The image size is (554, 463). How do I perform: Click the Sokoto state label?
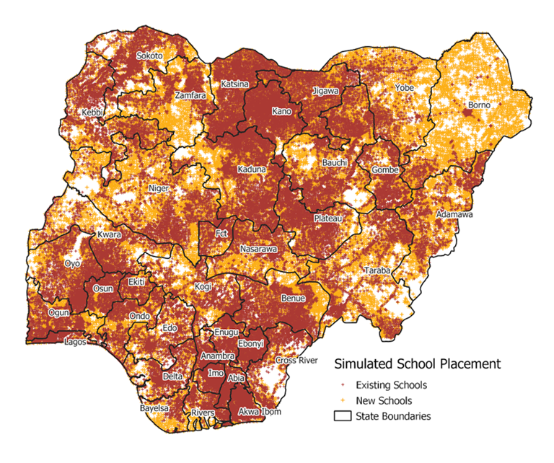point(149,56)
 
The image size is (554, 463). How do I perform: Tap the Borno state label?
point(479,105)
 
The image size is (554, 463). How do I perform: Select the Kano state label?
point(281,111)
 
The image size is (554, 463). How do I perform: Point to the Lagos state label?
point(75,342)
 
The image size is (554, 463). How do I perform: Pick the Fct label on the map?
point(222,234)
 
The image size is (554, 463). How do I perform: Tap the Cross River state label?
point(296,360)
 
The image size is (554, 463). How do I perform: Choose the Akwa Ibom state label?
point(260,412)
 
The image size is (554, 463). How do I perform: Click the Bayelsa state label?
point(154,408)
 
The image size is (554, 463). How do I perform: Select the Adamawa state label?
point(454,215)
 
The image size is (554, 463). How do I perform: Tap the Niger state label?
point(158,188)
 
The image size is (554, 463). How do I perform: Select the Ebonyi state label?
point(251,343)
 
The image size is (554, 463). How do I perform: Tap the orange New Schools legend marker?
point(342,400)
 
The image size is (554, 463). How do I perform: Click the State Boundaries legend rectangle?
point(342,415)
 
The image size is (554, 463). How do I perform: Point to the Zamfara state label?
point(190,95)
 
